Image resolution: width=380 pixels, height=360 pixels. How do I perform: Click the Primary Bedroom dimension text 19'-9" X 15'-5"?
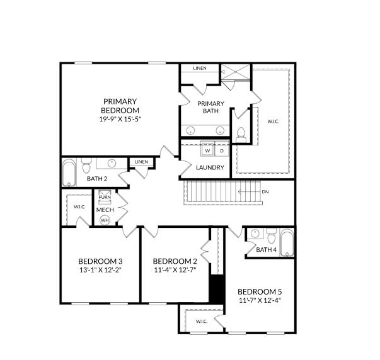pos(120,119)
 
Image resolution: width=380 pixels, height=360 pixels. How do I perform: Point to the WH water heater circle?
pos(105,220)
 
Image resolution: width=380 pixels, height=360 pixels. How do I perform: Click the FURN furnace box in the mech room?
pos(105,196)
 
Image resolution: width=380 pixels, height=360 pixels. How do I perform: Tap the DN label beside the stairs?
pos(265,192)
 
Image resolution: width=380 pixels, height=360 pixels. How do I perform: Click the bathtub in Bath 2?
pos(69,172)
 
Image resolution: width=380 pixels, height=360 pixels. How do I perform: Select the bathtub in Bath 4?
pos(287,243)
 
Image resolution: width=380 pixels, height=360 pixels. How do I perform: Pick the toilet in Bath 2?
pos(86,166)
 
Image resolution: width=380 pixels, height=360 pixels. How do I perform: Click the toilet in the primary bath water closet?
pos(241,135)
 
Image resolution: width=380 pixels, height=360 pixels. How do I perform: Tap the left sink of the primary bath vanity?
pos(190,130)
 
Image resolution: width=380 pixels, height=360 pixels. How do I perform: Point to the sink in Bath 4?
pos(255,233)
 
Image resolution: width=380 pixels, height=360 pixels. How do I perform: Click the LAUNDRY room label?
pos(210,167)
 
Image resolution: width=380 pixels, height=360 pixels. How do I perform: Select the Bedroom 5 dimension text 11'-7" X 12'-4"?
pos(260,300)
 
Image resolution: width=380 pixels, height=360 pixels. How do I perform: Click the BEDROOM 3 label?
pos(100,261)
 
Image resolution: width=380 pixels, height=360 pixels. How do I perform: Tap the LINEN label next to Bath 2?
pos(141,162)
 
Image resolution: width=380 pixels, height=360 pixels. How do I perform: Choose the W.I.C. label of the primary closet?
pos(273,121)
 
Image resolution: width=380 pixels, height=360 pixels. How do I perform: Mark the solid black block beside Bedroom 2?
pos(217,289)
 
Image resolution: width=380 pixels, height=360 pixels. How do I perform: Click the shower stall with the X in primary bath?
pos(236,72)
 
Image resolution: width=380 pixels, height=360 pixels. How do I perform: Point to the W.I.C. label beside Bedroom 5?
pos(202,322)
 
